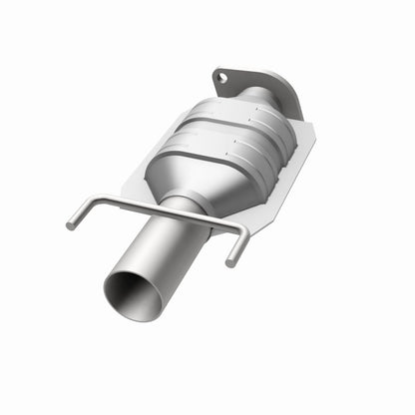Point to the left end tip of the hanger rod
pyautogui.click(x=71, y=225)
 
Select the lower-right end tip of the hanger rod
pyautogui.click(x=231, y=262)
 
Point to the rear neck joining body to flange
pyautogui.click(x=261, y=99)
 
